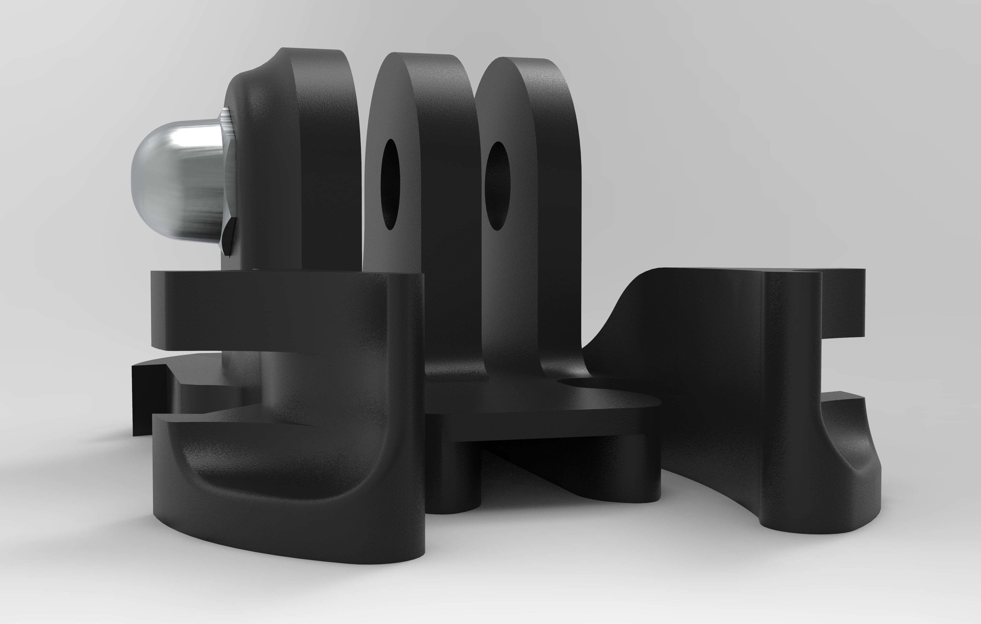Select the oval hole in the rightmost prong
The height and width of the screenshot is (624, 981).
pyautogui.click(x=498, y=186)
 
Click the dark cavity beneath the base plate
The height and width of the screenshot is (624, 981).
pyautogui.click(x=530, y=457)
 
